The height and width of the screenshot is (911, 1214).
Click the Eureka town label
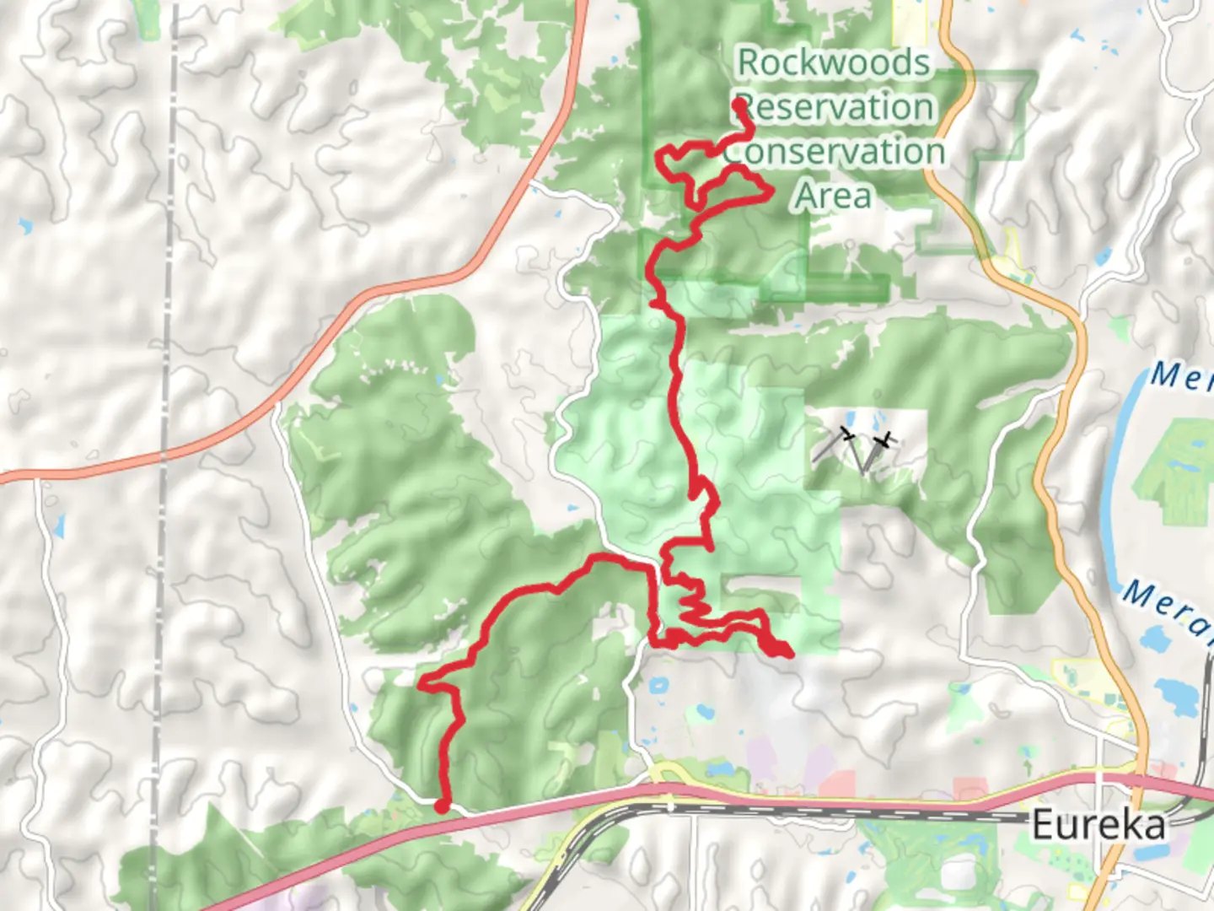tap(1099, 825)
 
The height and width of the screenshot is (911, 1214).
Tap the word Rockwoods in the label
tap(834, 63)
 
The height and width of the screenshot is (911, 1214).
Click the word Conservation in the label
tap(834, 153)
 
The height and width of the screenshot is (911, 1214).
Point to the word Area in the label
tap(833, 197)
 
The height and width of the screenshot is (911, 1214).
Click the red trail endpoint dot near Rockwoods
tap(739, 105)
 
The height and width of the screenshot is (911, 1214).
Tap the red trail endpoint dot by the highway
tap(442, 806)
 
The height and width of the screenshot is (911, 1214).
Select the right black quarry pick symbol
tap(884, 441)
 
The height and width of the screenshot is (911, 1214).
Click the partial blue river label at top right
tap(1180, 376)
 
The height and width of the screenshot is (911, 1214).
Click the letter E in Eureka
tap(1044, 825)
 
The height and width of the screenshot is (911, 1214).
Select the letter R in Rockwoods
tap(749, 63)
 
